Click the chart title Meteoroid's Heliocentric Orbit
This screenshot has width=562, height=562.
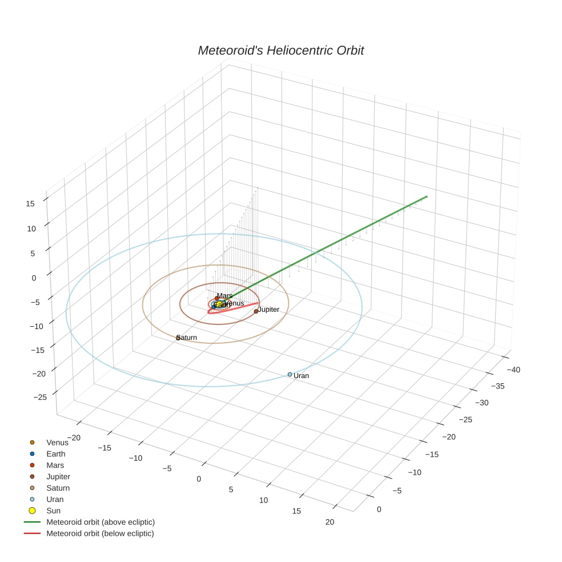pos(280,51)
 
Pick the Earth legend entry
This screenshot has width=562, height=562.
pos(55,454)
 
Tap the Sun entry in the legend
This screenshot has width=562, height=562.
pos(53,511)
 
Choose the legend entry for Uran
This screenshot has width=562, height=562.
pos(54,499)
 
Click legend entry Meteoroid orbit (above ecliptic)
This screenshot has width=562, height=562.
pos(101,522)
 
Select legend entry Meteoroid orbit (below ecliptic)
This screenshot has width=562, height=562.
pos(100,533)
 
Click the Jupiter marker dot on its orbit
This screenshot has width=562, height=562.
pos(256,311)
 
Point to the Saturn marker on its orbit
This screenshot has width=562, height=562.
pos(178,338)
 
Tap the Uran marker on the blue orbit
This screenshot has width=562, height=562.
pos(290,375)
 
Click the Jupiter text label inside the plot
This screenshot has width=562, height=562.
pos(269,310)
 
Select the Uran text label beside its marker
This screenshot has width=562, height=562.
pos(301,376)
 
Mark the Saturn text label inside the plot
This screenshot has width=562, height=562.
pos(188,338)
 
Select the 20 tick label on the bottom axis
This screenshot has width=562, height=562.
pos(330,521)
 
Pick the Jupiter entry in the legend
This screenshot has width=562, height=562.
pos(58,476)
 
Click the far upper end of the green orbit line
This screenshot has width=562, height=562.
pos(427,196)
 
